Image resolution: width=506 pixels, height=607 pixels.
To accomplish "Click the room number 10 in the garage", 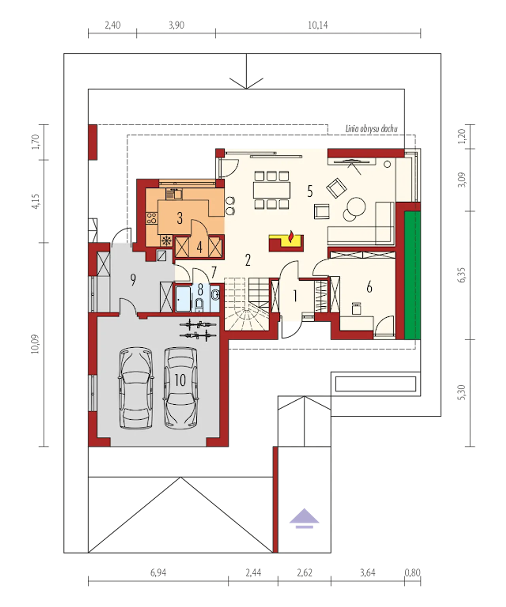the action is (180, 380).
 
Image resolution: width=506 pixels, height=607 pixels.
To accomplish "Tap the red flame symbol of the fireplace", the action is (290, 236).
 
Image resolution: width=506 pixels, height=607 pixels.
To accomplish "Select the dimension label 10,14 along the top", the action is (318, 25).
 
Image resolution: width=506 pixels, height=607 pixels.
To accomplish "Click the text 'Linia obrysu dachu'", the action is (371, 129).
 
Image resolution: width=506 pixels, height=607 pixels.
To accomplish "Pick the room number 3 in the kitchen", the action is (180, 218).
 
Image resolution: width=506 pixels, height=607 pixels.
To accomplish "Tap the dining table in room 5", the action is (272, 190).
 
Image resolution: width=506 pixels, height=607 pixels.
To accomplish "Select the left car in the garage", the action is (136, 388).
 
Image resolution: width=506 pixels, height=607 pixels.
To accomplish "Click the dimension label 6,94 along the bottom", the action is (159, 573).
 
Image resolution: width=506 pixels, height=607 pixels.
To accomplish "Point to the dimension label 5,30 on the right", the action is (461, 392).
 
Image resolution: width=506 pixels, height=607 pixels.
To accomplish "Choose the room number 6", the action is (369, 288).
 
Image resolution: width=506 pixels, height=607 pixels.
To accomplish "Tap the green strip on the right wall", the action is (412, 275).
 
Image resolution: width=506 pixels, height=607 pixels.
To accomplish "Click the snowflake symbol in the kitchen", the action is (167, 241).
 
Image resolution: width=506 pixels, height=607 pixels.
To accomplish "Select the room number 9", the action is (133, 280).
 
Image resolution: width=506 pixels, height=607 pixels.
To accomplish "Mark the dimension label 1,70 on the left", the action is (36, 142).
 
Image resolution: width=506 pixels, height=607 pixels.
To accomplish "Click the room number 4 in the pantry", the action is (199, 248).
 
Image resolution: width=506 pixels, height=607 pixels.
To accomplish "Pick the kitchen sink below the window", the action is (174, 194).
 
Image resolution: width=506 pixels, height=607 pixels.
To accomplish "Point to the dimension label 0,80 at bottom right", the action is (412, 573).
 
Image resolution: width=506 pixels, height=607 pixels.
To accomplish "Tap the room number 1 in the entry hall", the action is (295, 296).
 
